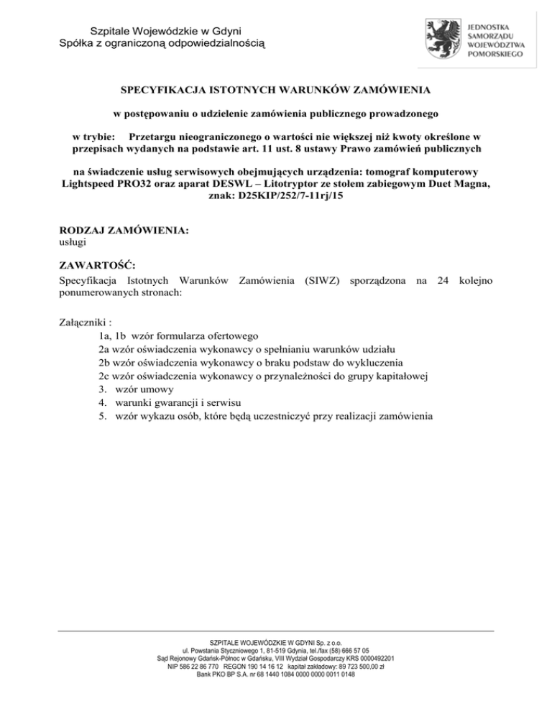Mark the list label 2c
(103, 376)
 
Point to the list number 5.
(103, 417)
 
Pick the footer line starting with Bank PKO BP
(276, 674)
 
